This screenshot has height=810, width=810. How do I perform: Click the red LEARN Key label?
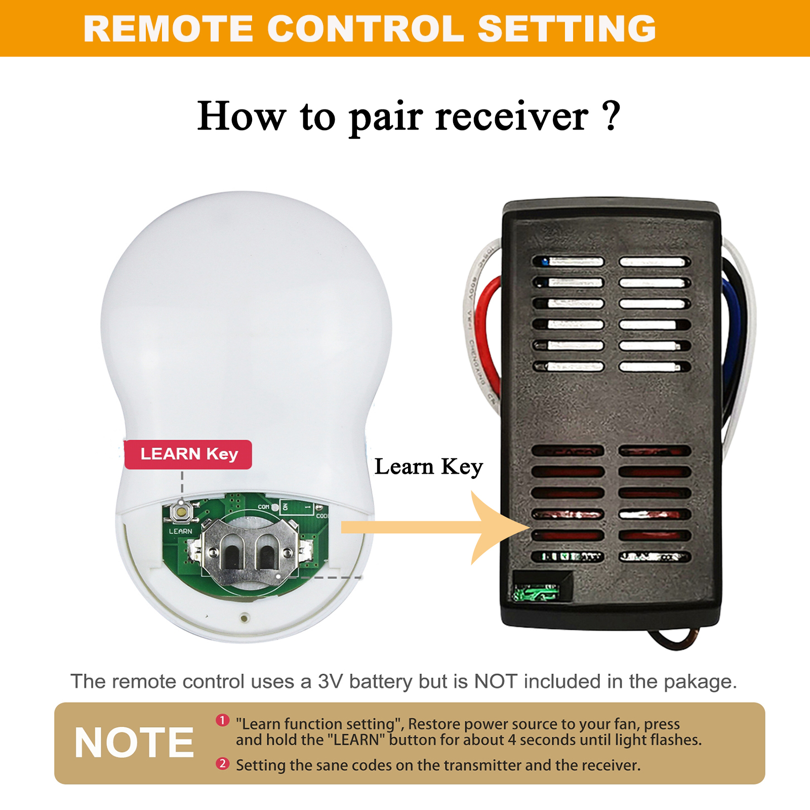click(188, 454)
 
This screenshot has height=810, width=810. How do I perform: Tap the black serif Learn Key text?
click(428, 467)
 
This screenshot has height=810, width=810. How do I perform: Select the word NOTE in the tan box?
click(134, 743)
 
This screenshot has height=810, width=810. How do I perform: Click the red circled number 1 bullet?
click(223, 720)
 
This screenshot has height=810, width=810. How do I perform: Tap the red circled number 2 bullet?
click(223, 763)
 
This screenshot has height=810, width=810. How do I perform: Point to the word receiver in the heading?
click(512, 117)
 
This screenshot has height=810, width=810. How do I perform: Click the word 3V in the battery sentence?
click(331, 681)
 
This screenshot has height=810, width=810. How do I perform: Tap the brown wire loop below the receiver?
click(673, 639)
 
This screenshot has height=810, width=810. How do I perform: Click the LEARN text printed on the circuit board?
click(181, 531)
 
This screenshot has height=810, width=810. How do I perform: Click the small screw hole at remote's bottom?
click(245, 617)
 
